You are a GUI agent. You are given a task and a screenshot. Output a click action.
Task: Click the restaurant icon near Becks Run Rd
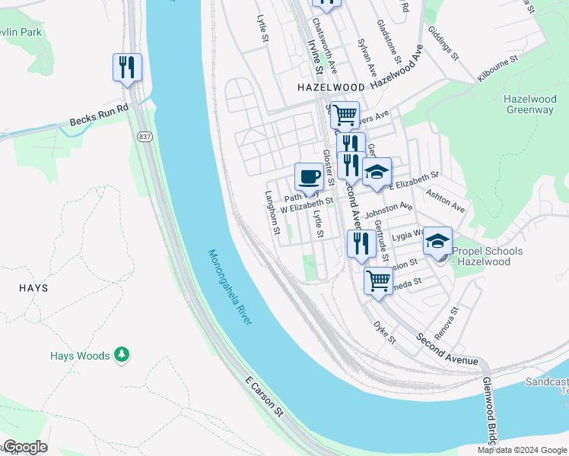(x=127, y=68)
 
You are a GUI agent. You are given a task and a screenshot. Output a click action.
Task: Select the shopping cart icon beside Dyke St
(x=378, y=281)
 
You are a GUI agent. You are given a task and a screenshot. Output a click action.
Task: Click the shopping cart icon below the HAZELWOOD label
(x=345, y=116)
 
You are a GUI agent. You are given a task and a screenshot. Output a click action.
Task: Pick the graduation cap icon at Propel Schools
(x=437, y=242)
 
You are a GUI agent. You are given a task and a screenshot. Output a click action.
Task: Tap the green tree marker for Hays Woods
(x=121, y=355)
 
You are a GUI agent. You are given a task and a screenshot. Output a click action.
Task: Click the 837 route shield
(x=144, y=136)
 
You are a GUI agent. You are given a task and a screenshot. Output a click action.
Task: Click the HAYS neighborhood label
(x=33, y=288)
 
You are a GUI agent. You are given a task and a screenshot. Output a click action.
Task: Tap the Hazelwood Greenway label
(x=529, y=104)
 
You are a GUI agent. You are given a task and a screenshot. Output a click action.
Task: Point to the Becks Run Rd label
(x=100, y=115)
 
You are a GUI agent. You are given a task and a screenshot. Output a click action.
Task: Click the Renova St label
(x=447, y=323)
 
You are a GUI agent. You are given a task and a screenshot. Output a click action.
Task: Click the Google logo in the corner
(x=25, y=447)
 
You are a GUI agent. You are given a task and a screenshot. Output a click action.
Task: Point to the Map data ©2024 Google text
(x=522, y=450)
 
